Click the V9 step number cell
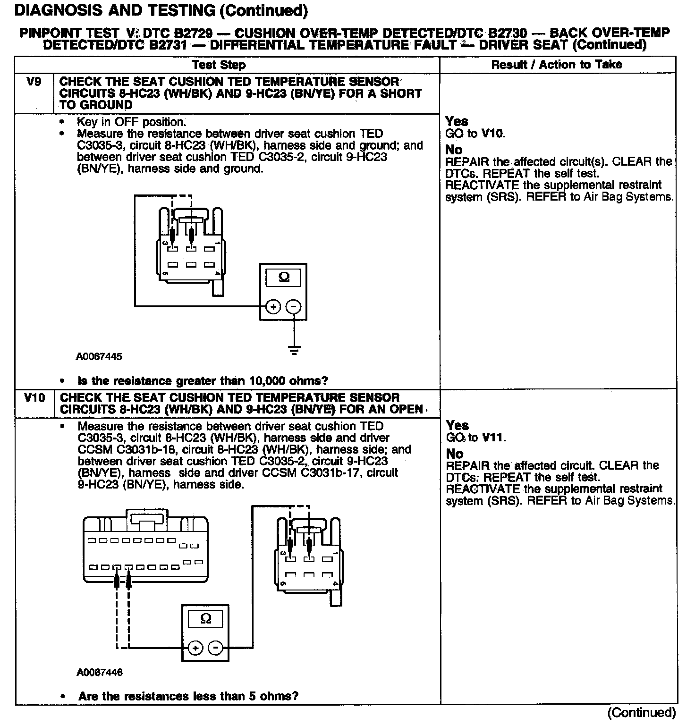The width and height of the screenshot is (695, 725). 34,82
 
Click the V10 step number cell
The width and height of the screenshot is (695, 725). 34,398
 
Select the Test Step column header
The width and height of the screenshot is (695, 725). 219,65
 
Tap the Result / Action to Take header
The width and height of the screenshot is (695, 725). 557,65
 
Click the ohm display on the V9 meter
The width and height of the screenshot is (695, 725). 284,278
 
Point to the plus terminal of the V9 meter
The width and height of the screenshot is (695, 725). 273,307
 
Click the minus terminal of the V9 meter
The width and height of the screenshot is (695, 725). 294,307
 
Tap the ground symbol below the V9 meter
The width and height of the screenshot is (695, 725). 294,350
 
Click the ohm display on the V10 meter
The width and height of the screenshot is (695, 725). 206,619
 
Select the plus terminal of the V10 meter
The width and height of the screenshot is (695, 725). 195,648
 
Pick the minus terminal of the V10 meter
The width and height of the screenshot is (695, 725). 216,648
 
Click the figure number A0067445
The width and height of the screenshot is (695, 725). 99,357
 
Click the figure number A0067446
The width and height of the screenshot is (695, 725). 100,672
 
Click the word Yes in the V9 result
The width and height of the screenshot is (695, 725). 457,121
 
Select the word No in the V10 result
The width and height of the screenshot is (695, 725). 455,454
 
